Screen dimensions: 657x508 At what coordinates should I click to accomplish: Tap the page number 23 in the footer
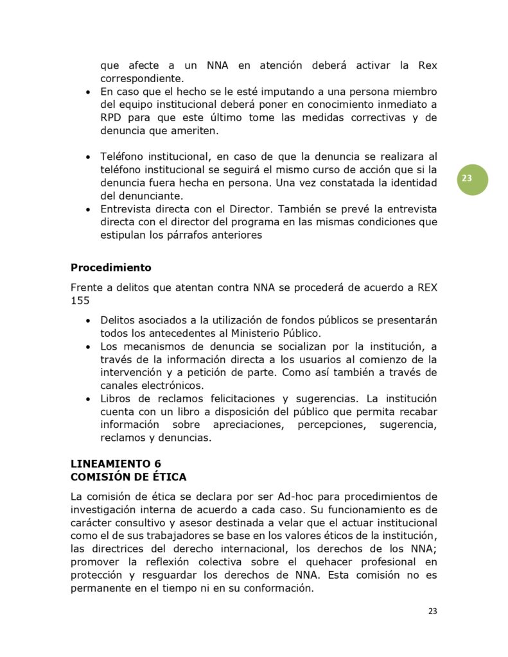(x=432, y=611)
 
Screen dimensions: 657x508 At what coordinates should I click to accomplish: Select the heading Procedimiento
(x=111, y=267)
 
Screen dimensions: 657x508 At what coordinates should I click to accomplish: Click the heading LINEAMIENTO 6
(x=116, y=464)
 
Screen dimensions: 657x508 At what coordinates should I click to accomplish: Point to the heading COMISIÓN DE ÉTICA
(x=128, y=477)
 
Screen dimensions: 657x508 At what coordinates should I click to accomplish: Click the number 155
(x=80, y=300)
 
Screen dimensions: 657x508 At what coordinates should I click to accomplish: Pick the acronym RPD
(x=112, y=118)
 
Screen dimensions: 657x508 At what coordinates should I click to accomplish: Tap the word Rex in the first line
(x=428, y=66)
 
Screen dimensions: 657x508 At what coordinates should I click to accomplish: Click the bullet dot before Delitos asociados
(x=88, y=320)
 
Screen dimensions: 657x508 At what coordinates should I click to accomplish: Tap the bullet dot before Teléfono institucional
(x=88, y=157)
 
